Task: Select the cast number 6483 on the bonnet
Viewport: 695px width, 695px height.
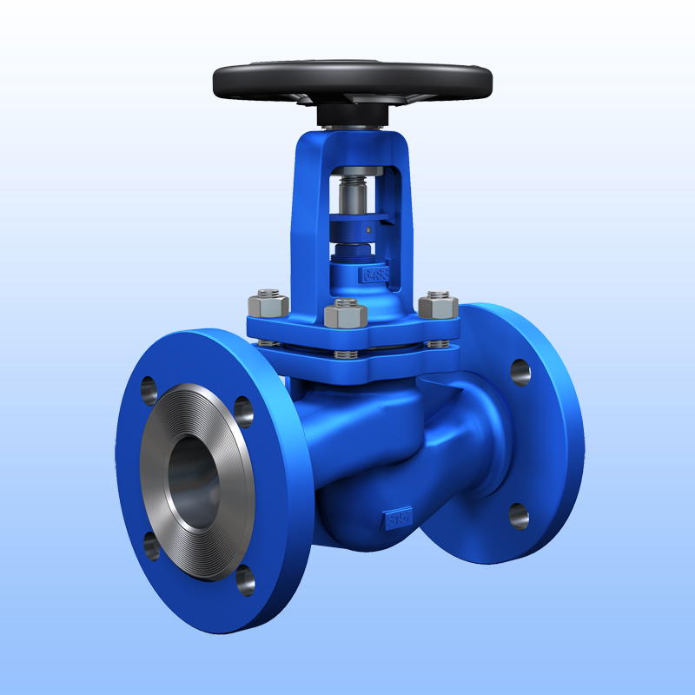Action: (375, 276)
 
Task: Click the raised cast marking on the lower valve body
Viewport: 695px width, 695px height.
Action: (398, 520)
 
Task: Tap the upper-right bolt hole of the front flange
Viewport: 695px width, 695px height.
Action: (244, 409)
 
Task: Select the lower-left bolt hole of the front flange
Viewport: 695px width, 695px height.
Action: (151, 545)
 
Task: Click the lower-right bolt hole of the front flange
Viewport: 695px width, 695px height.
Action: (247, 579)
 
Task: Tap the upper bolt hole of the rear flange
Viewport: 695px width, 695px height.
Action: (520, 373)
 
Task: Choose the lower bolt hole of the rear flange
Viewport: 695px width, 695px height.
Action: (519, 516)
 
